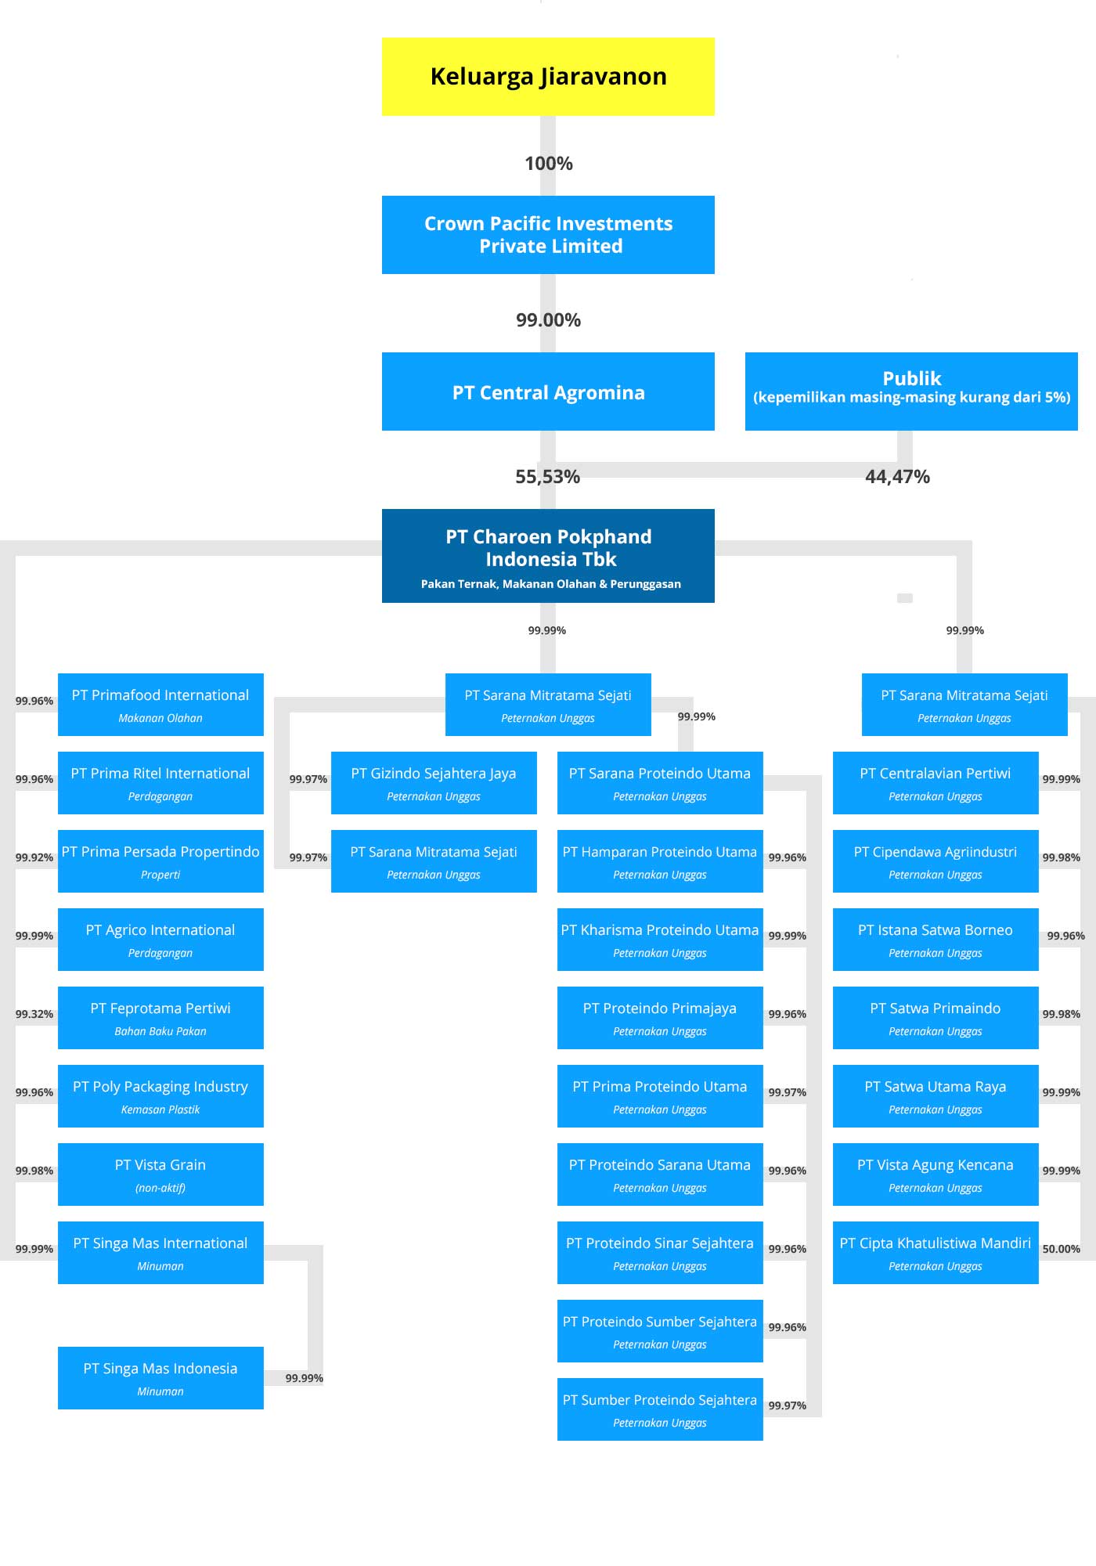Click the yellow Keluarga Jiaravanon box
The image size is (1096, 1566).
[548, 77]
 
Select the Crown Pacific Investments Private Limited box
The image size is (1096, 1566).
[548, 235]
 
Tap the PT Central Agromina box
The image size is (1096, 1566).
[548, 391]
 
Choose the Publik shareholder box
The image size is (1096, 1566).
[911, 391]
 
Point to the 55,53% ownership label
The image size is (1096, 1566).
[547, 477]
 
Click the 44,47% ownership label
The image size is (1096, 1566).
[897, 477]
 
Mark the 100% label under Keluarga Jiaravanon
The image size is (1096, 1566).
[548, 164]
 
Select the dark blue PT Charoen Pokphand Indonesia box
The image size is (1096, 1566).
[548, 556]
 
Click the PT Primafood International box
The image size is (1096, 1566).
[160, 705]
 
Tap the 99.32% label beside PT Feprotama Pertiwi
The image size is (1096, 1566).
[34, 1014]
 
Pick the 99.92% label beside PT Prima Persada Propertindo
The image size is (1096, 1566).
[34, 857]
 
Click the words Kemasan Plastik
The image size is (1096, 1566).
[160, 1110]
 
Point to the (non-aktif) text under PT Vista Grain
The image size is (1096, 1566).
[160, 1188]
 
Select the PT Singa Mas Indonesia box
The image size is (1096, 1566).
[160, 1378]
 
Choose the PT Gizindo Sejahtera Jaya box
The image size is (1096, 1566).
[434, 783]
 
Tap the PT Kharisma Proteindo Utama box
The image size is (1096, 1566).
[660, 940]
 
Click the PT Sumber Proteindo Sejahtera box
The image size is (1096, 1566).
[660, 1409]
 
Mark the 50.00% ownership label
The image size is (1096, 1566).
[1061, 1249]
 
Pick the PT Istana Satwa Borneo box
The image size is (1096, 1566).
[936, 940]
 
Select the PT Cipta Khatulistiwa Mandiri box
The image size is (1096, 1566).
[936, 1253]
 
